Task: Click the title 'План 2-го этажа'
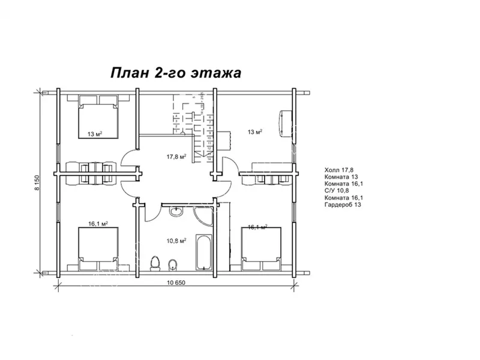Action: coord(175,73)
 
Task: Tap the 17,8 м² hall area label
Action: coord(176,157)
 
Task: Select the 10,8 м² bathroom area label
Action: coord(176,241)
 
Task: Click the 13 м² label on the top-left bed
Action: coord(94,134)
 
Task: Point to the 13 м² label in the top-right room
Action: coord(255,131)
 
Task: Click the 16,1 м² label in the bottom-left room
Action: coord(97,223)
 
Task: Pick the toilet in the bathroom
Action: coord(155,263)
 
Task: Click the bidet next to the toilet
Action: coord(173,265)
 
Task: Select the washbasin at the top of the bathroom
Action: coord(176,212)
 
